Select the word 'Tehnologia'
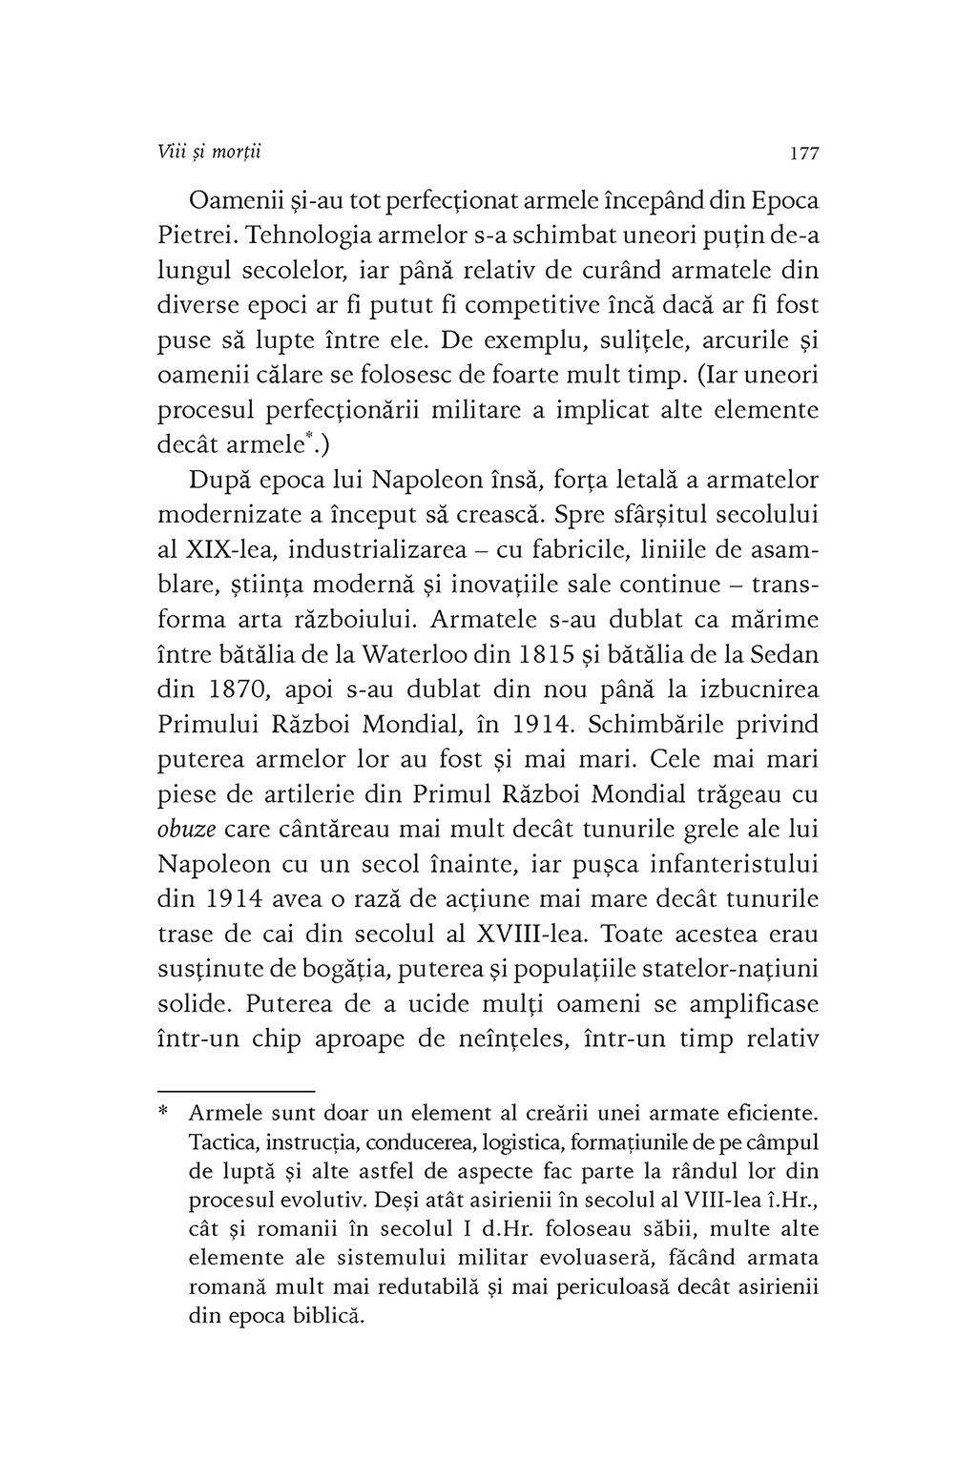pyautogui.click(x=317, y=236)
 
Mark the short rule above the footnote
pyautogui.click(x=235, y=1089)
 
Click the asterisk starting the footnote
pyautogui.click(x=163, y=1114)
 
